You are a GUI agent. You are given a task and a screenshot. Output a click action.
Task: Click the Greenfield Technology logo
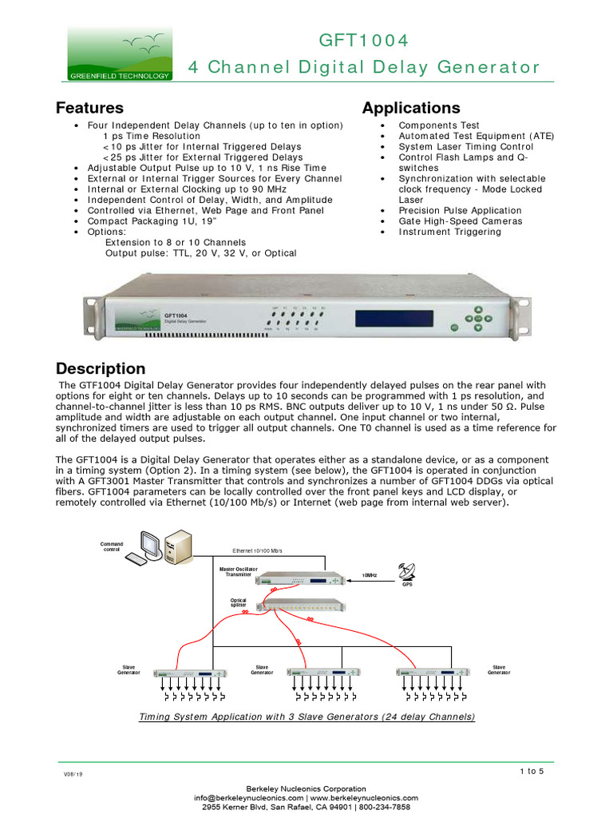(x=119, y=54)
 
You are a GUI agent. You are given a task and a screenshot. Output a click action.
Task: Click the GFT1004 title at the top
(x=363, y=41)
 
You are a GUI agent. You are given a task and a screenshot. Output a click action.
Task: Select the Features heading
(x=89, y=108)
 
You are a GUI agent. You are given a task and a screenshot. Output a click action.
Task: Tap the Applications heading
(x=411, y=108)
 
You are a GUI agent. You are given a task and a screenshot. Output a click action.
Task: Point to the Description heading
(x=101, y=369)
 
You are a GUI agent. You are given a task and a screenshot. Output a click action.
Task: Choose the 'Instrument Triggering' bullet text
(x=450, y=232)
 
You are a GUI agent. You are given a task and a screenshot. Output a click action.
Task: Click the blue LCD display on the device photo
(x=388, y=318)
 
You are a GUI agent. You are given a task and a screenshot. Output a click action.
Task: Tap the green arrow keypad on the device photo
(x=477, y=321)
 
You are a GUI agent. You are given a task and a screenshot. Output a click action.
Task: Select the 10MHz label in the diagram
(x=370, y=575)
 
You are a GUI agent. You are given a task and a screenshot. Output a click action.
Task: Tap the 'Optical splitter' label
(x=239, y=602)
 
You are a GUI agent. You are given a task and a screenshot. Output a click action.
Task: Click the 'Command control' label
(x=112, y=546)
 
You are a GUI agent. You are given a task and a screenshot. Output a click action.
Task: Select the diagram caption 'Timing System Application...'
(x=306, y=717)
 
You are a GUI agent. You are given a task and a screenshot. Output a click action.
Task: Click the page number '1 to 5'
(x=531, y=771)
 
